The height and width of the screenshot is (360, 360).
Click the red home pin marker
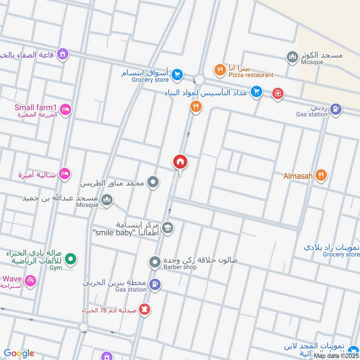click(180, 162)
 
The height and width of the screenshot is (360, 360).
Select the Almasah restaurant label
click(297, 176)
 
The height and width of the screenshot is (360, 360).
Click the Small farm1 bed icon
click(65, 110)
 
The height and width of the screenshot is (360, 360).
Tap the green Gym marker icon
click(70, 259)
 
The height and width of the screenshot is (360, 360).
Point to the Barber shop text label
click(180, 267)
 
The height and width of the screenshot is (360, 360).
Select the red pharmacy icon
click(145, 310)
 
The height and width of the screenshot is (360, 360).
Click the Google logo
click(19, 353)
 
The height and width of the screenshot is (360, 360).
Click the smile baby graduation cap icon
click(168, 228)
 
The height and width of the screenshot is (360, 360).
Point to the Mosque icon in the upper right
click(292, 57)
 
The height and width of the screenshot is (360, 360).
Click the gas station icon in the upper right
click(335, 108)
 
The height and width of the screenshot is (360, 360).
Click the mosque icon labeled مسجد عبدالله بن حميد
click(107, 200)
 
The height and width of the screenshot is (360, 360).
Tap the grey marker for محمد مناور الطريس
click(153, 182)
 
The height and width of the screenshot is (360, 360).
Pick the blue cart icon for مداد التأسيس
click(256, 92)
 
